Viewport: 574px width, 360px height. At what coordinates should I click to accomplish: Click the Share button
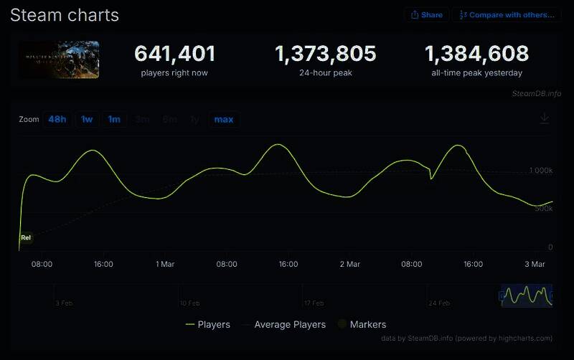(426, 14)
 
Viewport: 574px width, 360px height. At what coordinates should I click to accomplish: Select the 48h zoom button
(57, 119)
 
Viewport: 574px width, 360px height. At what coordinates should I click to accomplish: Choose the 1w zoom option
(87, 119)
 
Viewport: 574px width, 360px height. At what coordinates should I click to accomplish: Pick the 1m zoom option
(114, 119)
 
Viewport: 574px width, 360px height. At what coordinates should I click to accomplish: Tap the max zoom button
(224, 119)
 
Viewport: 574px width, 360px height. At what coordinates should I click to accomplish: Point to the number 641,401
(175, 54)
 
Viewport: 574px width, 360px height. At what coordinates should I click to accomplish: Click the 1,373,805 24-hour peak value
(326, 54)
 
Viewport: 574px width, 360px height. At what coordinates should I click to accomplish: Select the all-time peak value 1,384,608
(476, 54)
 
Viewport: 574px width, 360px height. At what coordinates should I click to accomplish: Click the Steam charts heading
(65, 15)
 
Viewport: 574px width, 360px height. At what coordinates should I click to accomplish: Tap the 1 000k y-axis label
(540, 171)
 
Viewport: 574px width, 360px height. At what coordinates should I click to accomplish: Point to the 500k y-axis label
(542, 209)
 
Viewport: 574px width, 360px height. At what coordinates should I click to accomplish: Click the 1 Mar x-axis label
(165, 265)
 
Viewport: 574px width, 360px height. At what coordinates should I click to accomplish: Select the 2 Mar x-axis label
(349, 265)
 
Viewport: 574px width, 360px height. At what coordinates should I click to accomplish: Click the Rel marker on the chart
(26, 237)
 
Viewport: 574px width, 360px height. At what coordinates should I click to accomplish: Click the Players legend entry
(207, 325)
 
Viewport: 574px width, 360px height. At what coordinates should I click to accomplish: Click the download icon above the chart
(545, 119)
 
